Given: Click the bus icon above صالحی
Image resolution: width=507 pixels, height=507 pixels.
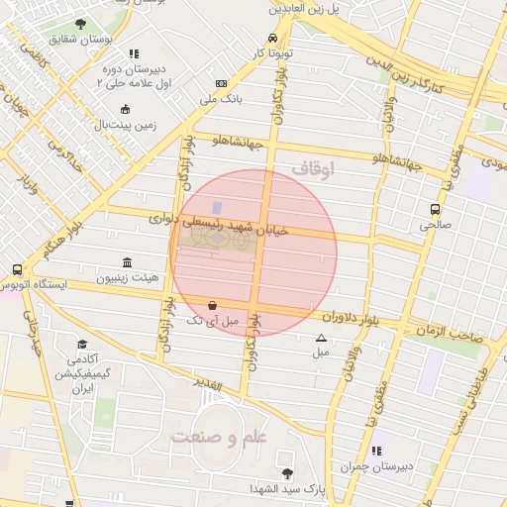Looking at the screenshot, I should pyautogui.click(x=434, y=209).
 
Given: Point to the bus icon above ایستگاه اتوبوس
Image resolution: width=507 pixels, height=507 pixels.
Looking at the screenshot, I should pyautogui.click(x=17, y=269).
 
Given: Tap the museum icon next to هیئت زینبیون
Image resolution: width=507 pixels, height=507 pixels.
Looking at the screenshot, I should pyautogui.click(x=128, y=262).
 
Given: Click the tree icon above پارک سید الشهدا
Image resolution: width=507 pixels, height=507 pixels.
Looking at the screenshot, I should pyautogui.click(x=287, y=473).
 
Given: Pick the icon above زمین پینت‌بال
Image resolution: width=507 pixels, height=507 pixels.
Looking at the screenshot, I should pyautogui.click(x=125, y=110).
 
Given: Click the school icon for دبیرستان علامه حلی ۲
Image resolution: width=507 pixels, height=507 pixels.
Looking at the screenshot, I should pyautogui.click(x=134, y=53).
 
